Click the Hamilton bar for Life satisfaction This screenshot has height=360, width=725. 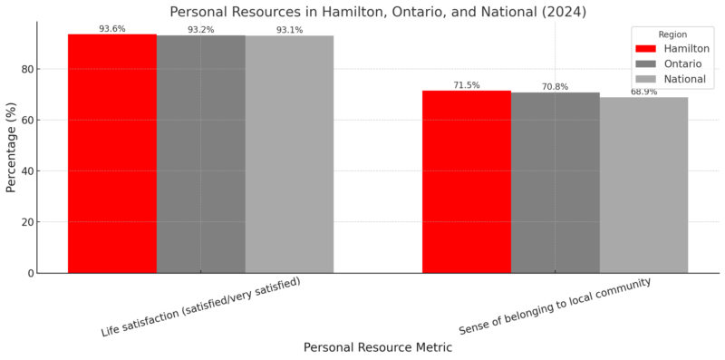pos(112,154)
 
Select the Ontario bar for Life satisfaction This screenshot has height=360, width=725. pos(200,154)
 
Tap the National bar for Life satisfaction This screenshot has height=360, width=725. pos(289,154)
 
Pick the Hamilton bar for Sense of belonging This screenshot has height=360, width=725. pos(467,181)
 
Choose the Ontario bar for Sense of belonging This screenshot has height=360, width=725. pos(555,182)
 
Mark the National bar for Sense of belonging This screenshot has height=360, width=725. pos(643,185)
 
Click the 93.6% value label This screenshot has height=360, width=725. pos(112,29)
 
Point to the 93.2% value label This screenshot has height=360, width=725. pos(200,30)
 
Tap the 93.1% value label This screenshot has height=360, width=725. pos(289,30)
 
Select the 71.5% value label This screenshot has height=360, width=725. pos(467,85)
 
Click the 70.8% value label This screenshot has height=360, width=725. pos(555,87)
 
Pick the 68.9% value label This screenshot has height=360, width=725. pos(643,92)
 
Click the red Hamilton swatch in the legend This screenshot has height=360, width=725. pos(645,48)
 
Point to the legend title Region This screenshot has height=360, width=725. pos(672,34)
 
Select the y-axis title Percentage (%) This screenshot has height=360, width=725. pos(12,148)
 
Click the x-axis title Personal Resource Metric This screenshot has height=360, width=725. pos(378,347)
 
